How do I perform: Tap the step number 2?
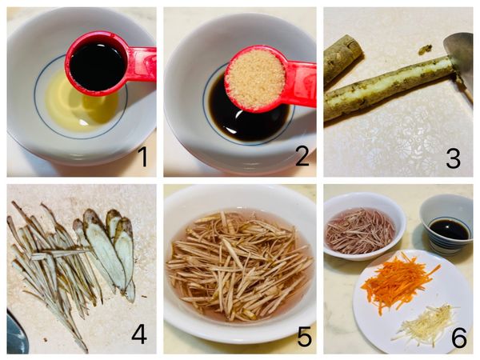(302, 156)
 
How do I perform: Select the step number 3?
(453, 158)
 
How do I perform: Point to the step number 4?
(139, 334)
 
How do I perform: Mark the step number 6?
(459, 338)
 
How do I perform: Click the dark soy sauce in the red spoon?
(98, 67)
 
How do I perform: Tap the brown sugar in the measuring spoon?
(255, 79)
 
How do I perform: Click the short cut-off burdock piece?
(342, 60)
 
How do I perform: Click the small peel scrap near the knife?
(426, 48)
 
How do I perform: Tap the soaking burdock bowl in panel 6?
(364, 226)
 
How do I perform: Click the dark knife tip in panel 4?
(17, 334)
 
